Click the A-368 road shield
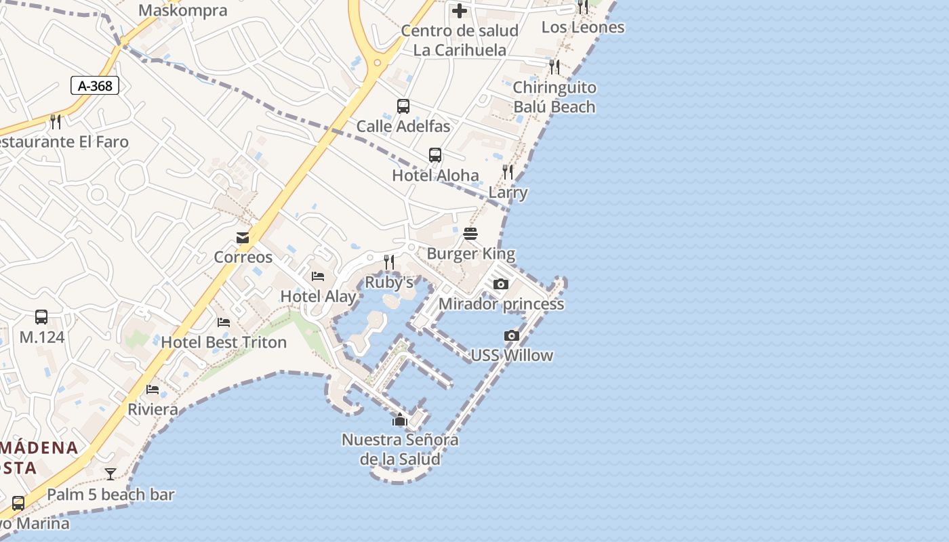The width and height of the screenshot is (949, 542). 95,85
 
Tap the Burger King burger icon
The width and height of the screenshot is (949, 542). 470,234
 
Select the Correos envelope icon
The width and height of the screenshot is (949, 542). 243,238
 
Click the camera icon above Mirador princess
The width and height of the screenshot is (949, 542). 501,284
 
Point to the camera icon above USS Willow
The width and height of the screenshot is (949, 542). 512,335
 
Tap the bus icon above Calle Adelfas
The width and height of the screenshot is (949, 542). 403,106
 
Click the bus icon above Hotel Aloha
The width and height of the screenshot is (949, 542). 435,155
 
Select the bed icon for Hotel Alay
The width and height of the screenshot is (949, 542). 318,276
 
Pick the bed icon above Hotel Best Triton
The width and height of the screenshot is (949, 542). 224,322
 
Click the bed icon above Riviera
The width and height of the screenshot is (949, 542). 153,390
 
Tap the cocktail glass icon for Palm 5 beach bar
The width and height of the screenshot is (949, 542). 110,474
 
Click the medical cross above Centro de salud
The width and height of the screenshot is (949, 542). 460,11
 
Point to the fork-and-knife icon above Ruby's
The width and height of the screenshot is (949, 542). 389,262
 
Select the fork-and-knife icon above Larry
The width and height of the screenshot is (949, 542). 508,172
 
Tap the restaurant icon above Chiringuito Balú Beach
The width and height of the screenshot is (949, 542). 554,67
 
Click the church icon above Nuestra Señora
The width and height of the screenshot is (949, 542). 400,419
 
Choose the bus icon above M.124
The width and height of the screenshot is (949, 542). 41,317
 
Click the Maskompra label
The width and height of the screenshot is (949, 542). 183,11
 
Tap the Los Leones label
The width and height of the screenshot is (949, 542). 583,27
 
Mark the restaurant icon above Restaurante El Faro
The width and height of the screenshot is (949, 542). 56,122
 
